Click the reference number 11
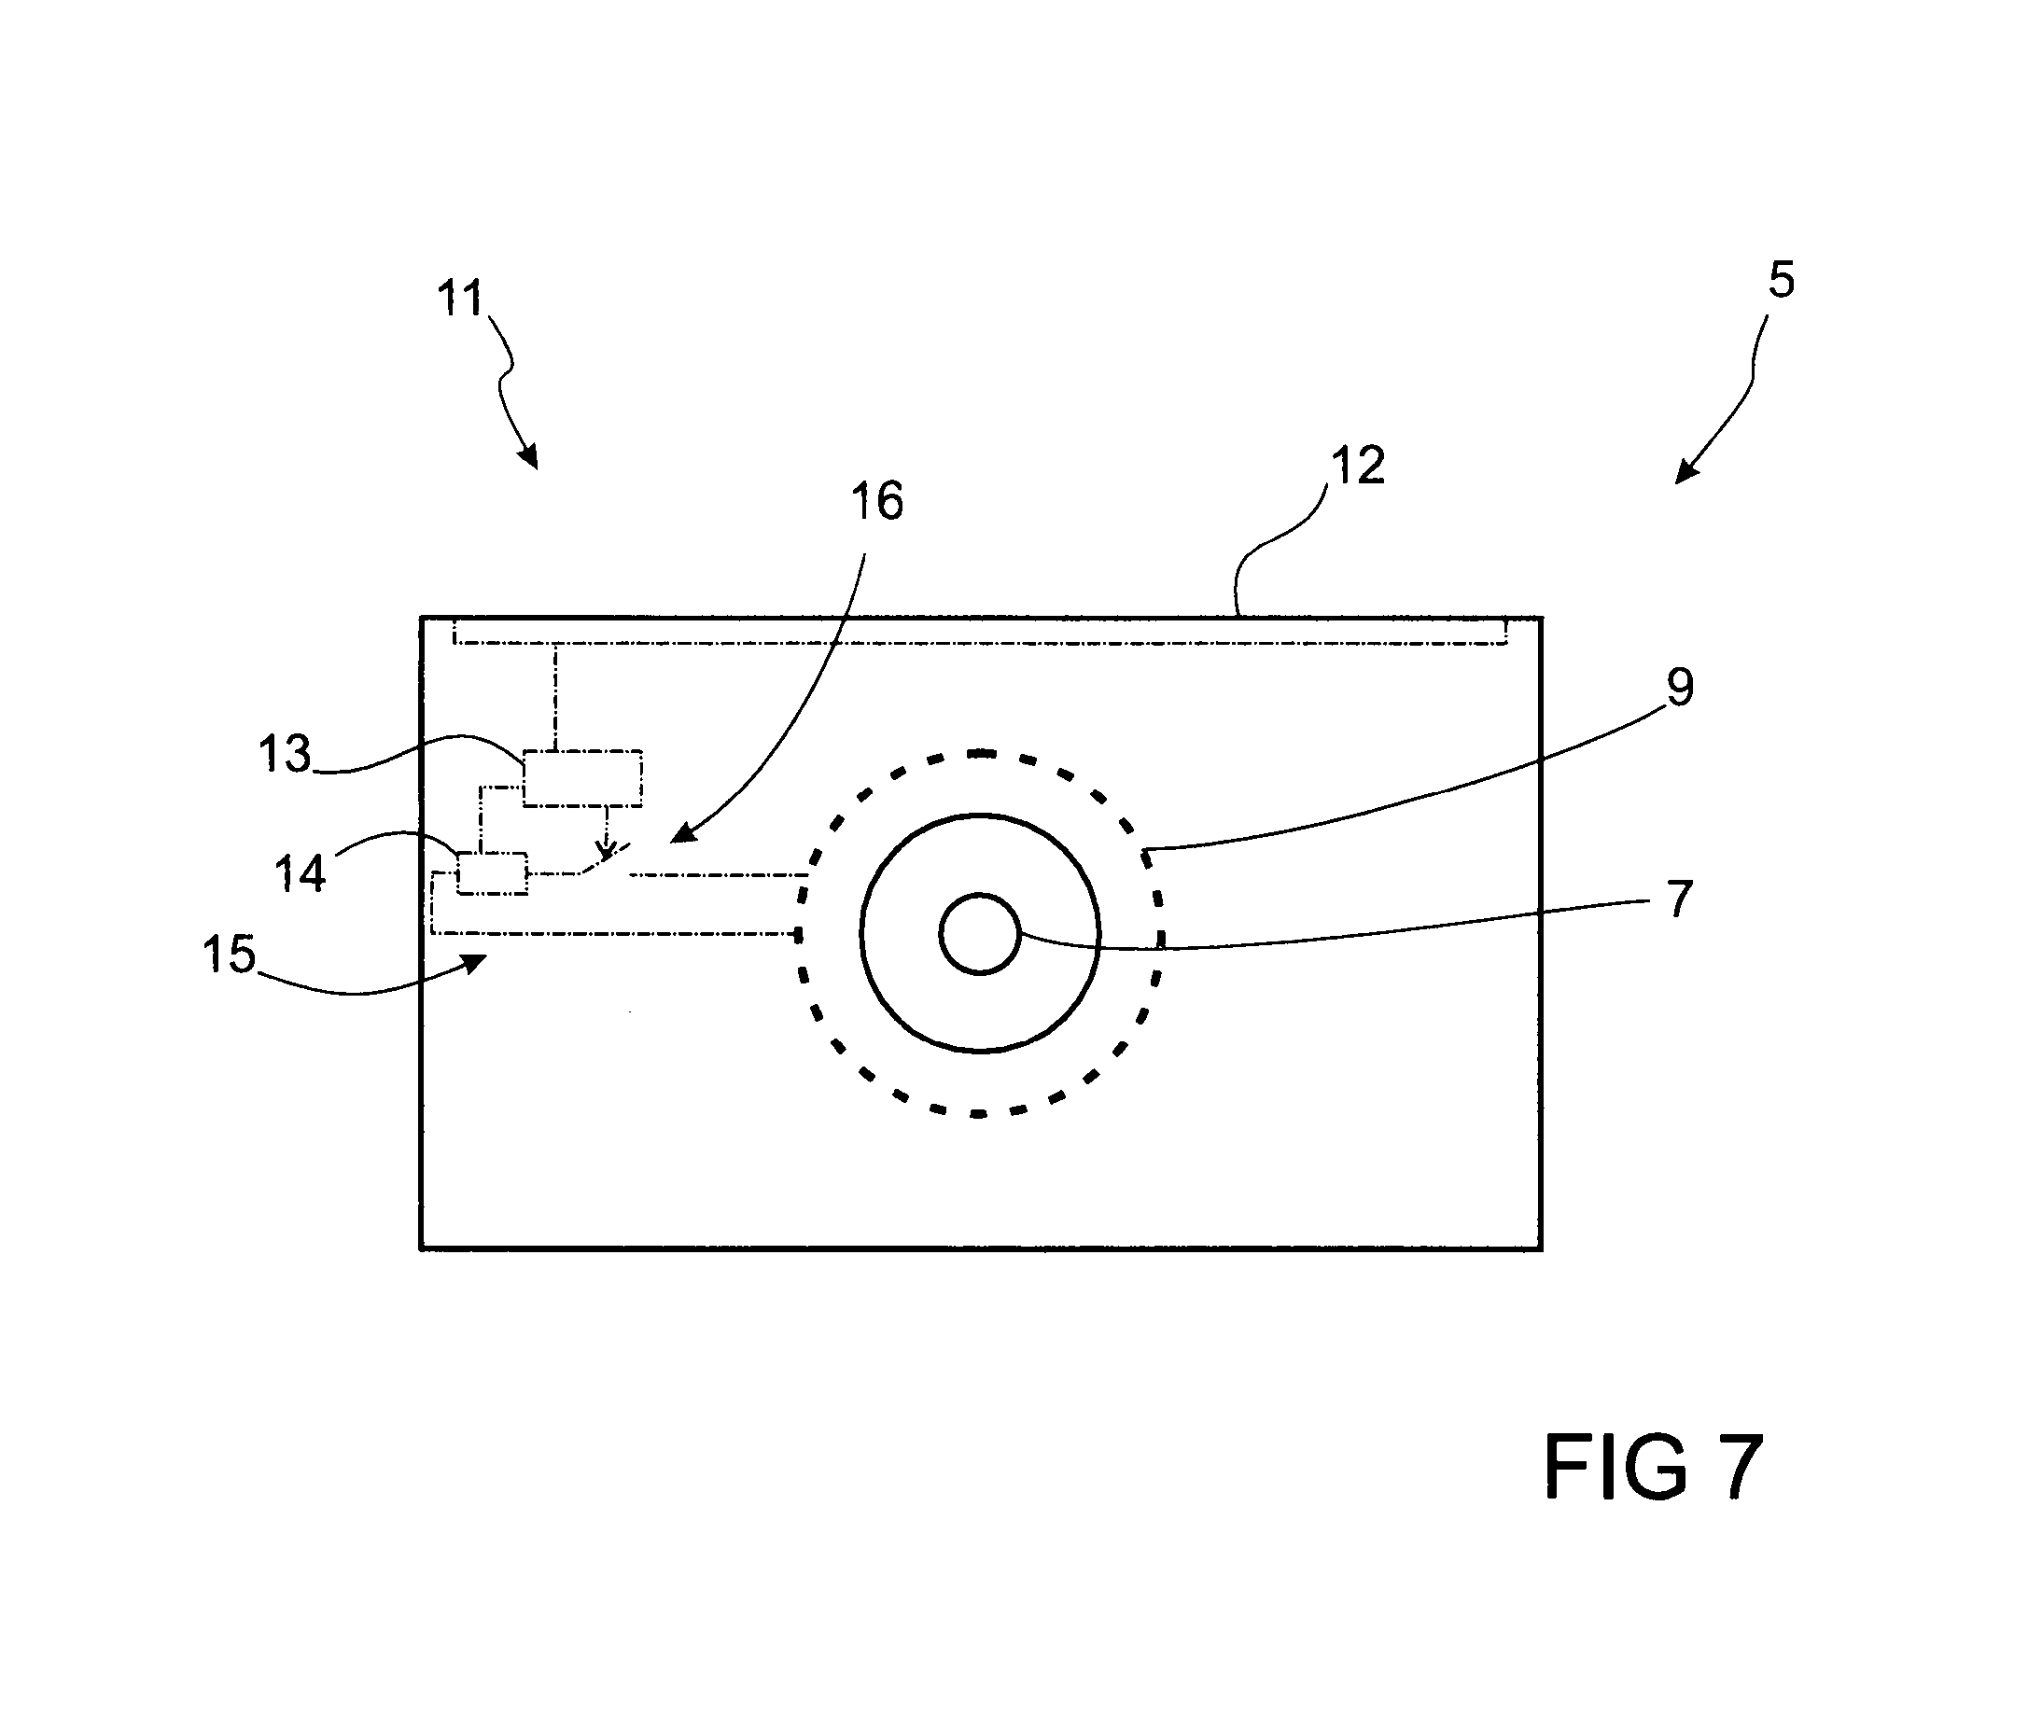[x=460, y=299]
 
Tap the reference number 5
[x=1780, y=280]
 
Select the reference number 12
[x=1358, y=466]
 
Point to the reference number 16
[x=877, y=502]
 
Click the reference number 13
[x=285, y=754]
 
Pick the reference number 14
[x=301, y=873]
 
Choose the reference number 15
[x=230, y=954]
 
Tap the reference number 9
[x=1680, y=688]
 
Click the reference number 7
[x=1680, y=899]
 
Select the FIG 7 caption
[x=1653, y=1468]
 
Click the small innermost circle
[x=979, y=933]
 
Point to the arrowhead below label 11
[x=528, y=456]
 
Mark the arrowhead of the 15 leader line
[x=473, y=963]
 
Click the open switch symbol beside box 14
[x=603, y=861]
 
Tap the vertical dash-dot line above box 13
[x=556, y=696]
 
